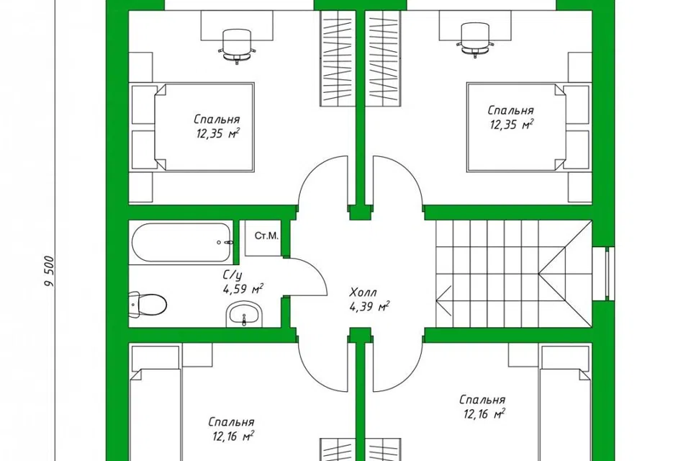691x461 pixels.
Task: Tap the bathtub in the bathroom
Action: [x=181, y=242]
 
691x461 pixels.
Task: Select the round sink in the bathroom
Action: [x=244, y=315]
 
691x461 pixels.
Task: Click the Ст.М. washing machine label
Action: [x=266, y=236]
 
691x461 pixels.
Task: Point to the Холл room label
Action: [x=363, y=292]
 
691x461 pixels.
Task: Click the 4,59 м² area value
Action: [x=243, y=290]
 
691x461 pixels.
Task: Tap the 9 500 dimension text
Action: [x=50, y=272]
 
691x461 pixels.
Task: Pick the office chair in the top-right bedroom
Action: [x=475, y=40]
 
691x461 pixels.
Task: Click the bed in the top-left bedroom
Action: [x=204, y=127]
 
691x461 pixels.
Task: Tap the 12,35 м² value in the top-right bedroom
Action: [x=512, y=125]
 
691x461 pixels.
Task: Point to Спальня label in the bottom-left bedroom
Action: [x=231, y=422]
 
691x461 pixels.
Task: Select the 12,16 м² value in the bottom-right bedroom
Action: [x=484, y=413]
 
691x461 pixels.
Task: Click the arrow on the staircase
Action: [x=443, y=300]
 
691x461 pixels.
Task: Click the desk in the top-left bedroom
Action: [x=237, y=25]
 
